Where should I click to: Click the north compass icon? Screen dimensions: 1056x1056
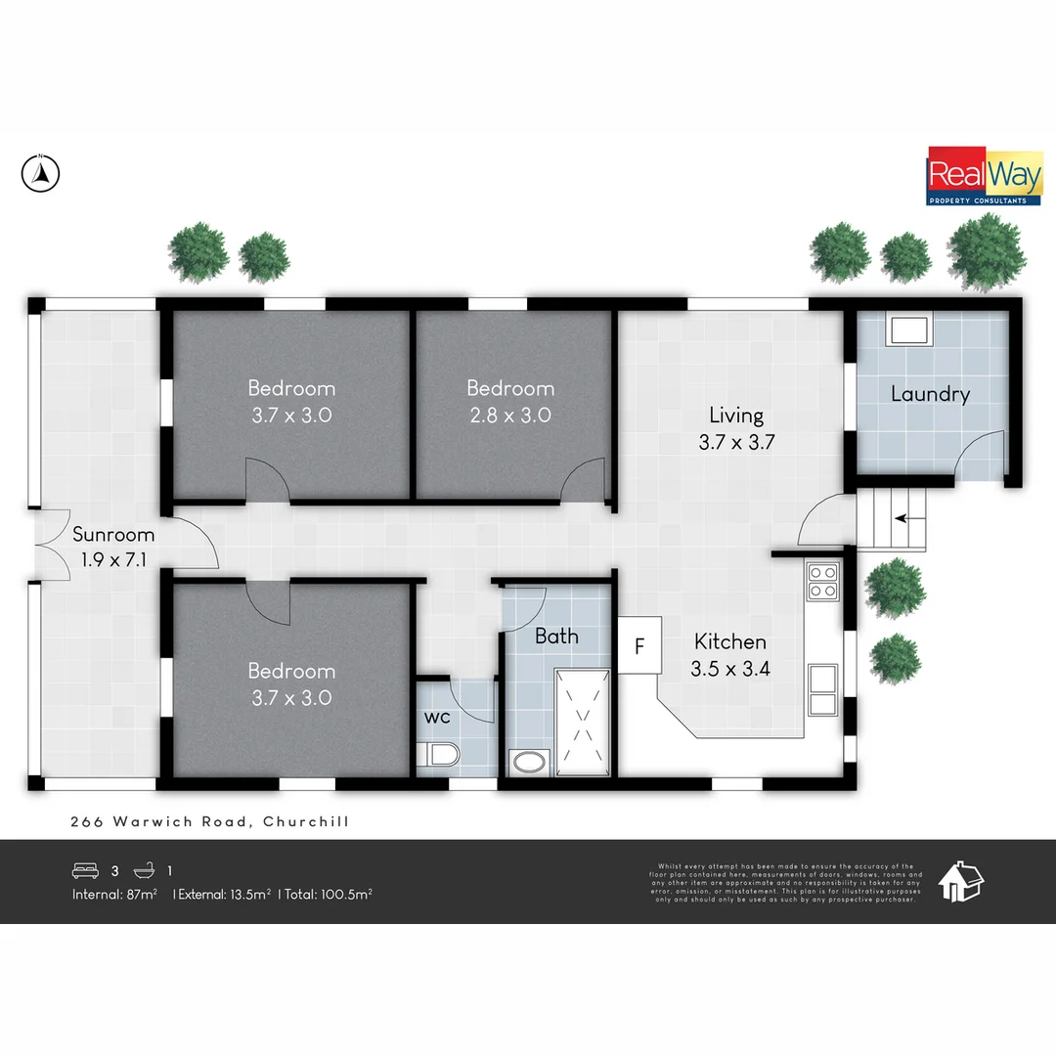coord(40,174)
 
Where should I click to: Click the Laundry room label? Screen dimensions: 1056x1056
coord(930,394)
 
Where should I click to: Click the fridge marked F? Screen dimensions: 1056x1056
coord(639,645)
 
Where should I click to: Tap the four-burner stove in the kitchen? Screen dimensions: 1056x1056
coord(822,581)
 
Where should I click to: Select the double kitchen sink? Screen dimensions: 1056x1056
coord(822,689)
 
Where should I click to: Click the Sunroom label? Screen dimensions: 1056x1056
coord(113,535)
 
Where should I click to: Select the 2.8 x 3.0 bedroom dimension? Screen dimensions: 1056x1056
coord(509,415)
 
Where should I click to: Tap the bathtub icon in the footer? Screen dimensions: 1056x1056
coord(144,869)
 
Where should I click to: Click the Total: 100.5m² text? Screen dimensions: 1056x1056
coord(328,894)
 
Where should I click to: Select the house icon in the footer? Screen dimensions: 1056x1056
coord(960,881)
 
